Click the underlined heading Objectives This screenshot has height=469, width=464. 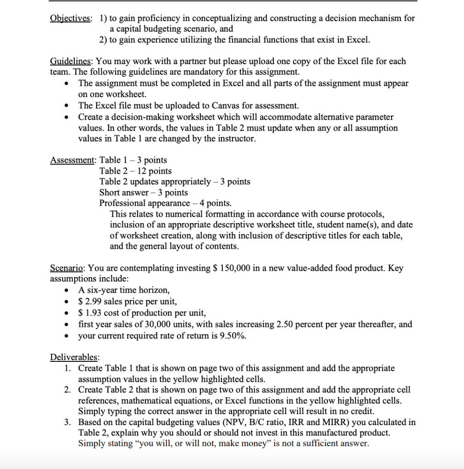(x=70, y=18)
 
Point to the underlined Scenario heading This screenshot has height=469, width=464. (x=67, y=268)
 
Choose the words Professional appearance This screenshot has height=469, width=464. (x=144, y=203)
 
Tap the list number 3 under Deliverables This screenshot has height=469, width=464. (x=67, y=422)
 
